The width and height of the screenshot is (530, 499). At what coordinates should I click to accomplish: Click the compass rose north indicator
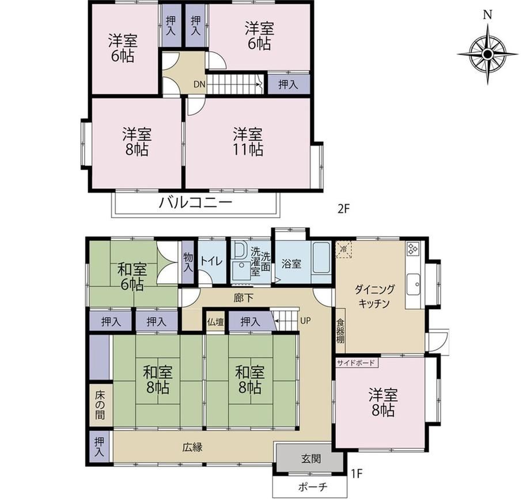point(487,15)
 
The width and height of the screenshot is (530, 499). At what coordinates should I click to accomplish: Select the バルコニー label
point(196,203)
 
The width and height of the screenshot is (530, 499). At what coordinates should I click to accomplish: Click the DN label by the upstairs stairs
point(199,84)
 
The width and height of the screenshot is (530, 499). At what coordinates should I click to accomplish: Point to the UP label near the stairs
point(305,321)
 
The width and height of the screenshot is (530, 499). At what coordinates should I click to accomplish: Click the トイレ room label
point(211,261)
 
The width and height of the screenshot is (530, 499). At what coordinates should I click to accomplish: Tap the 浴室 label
point(291,264)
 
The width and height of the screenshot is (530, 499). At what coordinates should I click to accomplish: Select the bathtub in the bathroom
point(321,258)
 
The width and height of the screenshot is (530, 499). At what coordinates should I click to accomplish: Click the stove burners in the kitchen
point(412,249)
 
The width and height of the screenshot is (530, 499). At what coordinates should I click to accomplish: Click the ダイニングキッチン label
point(374,296)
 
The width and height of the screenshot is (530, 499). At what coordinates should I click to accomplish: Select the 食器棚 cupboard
point(340,331)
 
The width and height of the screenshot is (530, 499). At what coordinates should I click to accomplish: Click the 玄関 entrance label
point(311,459)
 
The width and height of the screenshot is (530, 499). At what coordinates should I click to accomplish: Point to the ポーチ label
point(313,487)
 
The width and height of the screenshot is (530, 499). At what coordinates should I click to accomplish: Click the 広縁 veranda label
point(192,447)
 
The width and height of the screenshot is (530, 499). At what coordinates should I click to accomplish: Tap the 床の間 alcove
point(100,405)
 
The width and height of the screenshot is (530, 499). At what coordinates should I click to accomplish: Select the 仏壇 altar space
point(215,322)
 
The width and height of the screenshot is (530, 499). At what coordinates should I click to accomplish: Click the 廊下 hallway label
point(244,298)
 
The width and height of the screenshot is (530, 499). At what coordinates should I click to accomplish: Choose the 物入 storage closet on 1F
point(188,262)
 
